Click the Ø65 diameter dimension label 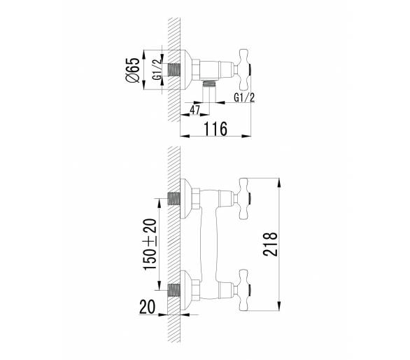133,70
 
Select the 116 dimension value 215,129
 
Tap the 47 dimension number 195,110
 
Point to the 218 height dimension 270,244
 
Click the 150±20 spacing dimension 150,244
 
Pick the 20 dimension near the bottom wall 147,307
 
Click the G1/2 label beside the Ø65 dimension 157,69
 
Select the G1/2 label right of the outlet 244,97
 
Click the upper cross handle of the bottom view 243,198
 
